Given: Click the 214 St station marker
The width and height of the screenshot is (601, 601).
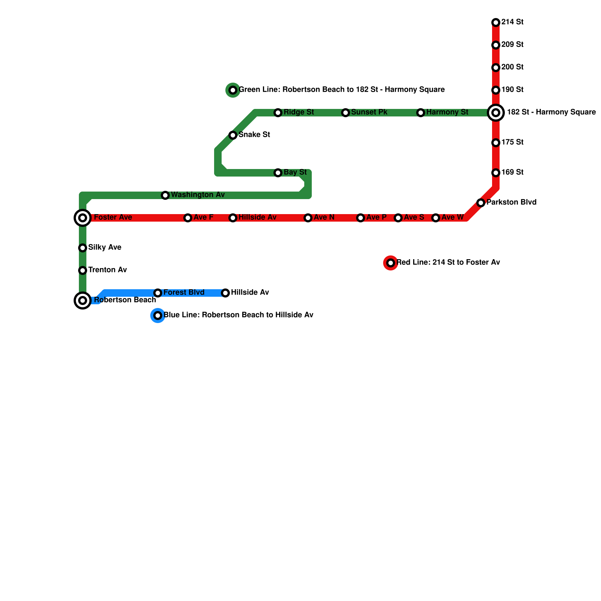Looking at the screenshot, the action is (x=496, y=23).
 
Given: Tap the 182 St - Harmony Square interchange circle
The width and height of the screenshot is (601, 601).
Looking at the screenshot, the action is (x=496, y=113).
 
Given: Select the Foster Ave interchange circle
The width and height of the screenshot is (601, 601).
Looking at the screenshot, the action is (x=83, y=218).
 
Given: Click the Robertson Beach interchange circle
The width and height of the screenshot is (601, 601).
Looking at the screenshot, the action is (x=83, y=300).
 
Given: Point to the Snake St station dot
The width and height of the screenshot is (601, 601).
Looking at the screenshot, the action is (x=233, y=135).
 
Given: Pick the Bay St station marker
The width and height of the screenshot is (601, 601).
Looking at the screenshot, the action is (x=278, y=173).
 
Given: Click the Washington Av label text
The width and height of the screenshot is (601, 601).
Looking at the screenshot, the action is (x=198, y=195).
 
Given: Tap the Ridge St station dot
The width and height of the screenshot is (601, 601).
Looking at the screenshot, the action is (x=278, y=113).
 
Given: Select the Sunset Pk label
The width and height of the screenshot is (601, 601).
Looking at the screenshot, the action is (x=369, y=112).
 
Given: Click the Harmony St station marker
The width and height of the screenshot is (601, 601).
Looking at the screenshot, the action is (x=421, y=113).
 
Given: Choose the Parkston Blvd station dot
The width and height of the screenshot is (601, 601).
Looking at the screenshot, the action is (x=481, y=203).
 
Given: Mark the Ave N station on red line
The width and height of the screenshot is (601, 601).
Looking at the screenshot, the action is (x=308, y=218).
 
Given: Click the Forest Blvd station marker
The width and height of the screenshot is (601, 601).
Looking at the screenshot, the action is (x=158, y=293).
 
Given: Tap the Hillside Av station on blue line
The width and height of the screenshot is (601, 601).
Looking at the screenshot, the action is (x=225, y=293).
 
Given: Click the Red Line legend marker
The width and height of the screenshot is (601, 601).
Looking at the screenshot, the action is (x=391, y=263).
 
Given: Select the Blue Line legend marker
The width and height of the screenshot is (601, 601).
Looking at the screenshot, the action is (x=158, y=316).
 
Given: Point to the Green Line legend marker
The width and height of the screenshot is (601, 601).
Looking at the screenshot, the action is (x=233, y=90).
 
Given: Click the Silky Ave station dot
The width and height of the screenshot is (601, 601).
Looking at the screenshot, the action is (x=83, y=248).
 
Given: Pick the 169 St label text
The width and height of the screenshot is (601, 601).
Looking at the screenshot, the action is (x=512, y=172).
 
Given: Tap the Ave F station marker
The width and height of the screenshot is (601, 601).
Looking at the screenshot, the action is (x=188, y=218).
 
